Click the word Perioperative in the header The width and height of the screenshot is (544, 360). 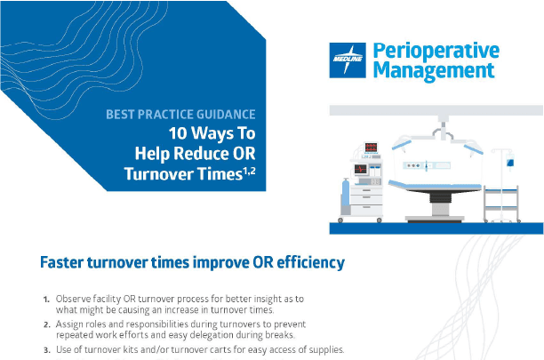[x=436, y=50]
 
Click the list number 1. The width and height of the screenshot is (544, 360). [x=46, y=299]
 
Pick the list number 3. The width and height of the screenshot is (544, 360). [x=46, y=349]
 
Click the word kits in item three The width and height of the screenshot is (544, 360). [x=144, y=349]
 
